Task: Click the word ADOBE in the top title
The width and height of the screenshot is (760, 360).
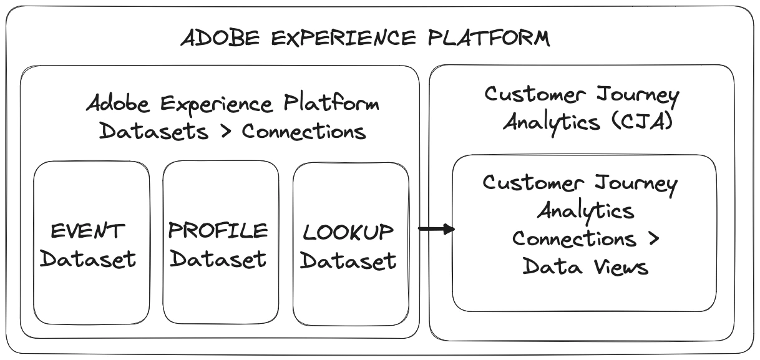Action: tap(217, 38)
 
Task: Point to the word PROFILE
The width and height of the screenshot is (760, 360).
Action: tap(218, 231)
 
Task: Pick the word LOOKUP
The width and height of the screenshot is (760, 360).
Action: tap(348, 233)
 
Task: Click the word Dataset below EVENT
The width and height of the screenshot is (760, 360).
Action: tap(88, 258)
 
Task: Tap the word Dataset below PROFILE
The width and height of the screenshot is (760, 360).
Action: tap(218, 258)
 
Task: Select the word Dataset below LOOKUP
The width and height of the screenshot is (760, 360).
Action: tap(348, 260)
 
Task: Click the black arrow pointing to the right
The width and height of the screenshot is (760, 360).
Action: tap(436, 230)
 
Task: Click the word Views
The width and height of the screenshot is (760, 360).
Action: tap(620, 266)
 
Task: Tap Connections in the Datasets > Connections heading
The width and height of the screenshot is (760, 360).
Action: tap(303, 132)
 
